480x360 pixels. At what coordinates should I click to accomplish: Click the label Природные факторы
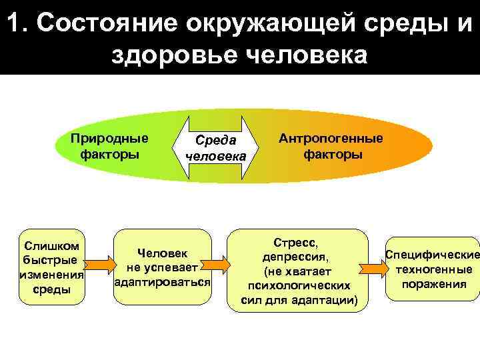pos(110,146)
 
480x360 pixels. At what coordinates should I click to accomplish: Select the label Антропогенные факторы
pos(331,146)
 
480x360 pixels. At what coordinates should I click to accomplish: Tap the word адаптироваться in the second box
pos(163,282)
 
